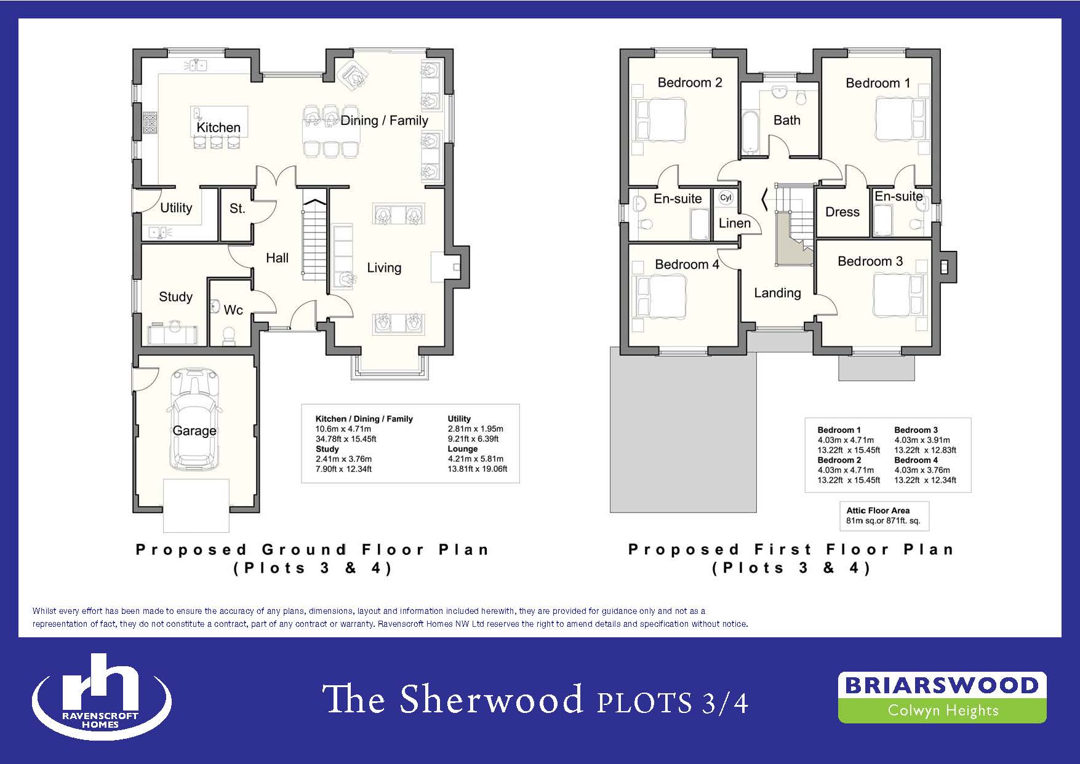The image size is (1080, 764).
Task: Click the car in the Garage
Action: tap(194, 418)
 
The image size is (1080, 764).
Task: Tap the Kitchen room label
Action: tap(218, 127)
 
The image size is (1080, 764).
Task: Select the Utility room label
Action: tap(176, 208)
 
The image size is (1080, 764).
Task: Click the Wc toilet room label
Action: tap(233, 309)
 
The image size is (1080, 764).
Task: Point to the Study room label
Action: tap(175, 296)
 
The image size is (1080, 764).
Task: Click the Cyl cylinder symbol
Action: tap(726, 197)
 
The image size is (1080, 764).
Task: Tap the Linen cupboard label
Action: tap(735, 223)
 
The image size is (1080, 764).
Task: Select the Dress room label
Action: tap(842, 212)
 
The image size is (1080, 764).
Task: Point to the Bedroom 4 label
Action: tap(687, 265)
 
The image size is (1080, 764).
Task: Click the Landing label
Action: tap(777, 293)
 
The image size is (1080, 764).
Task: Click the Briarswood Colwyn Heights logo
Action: tap(942, 697)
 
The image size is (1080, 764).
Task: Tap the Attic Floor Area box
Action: tap(884, 515)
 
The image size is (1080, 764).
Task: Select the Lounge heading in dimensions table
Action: tap(463, 449)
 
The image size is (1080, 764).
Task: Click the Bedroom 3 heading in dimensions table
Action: tap(916, 430)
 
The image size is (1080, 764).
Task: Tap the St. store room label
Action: tap(238, 209)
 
